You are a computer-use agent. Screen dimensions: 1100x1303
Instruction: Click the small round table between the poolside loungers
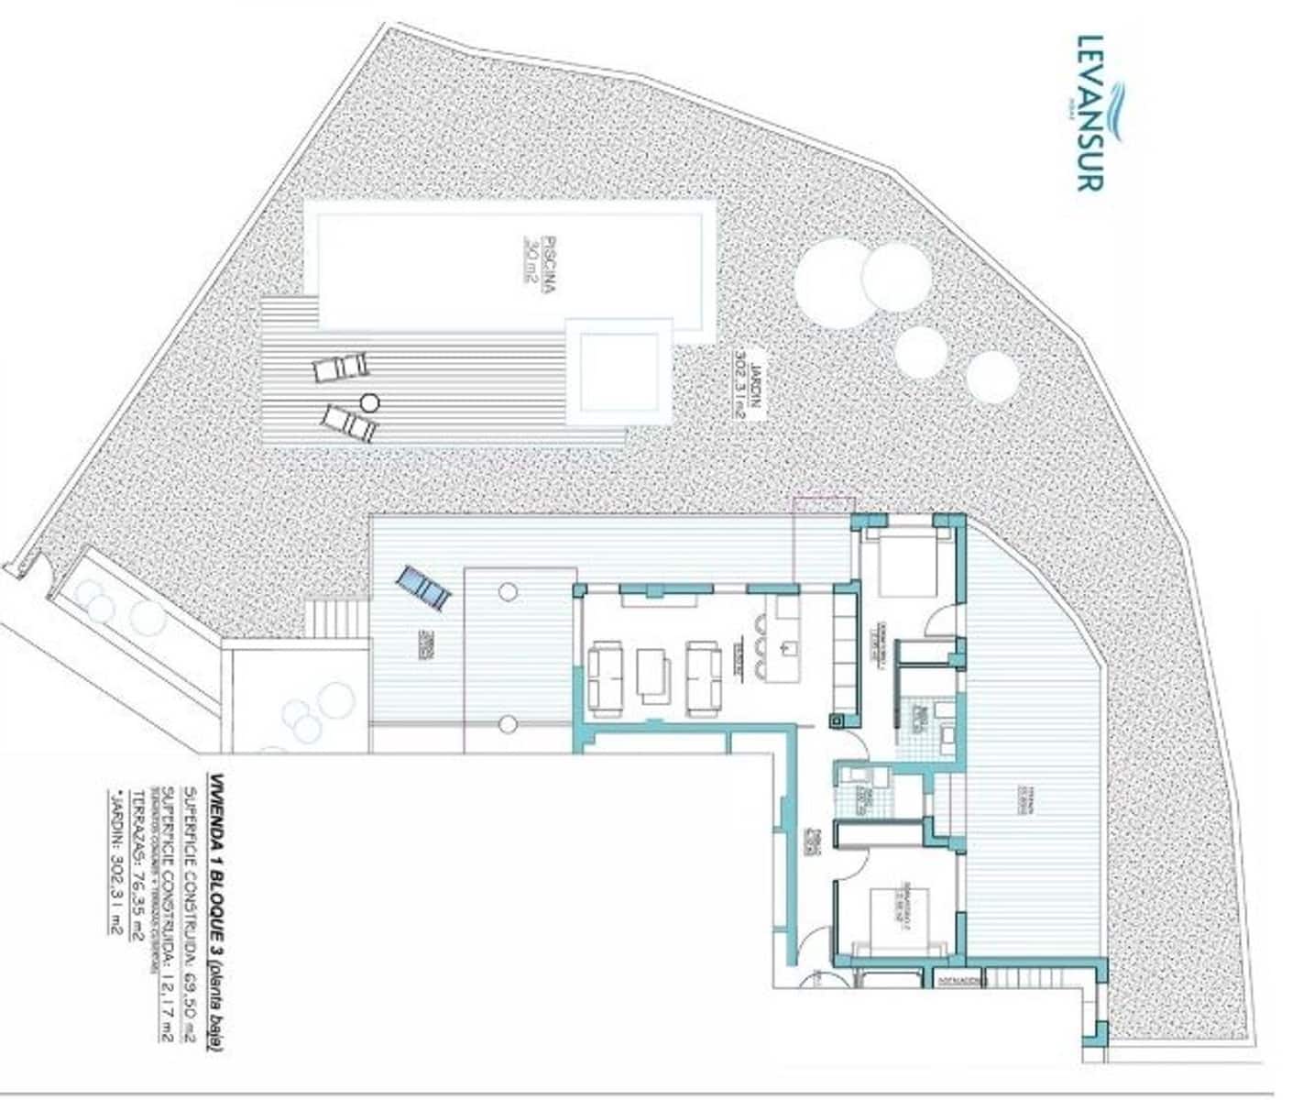click(369, 401)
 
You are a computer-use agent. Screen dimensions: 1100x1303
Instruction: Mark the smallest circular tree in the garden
click(992, 377)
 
